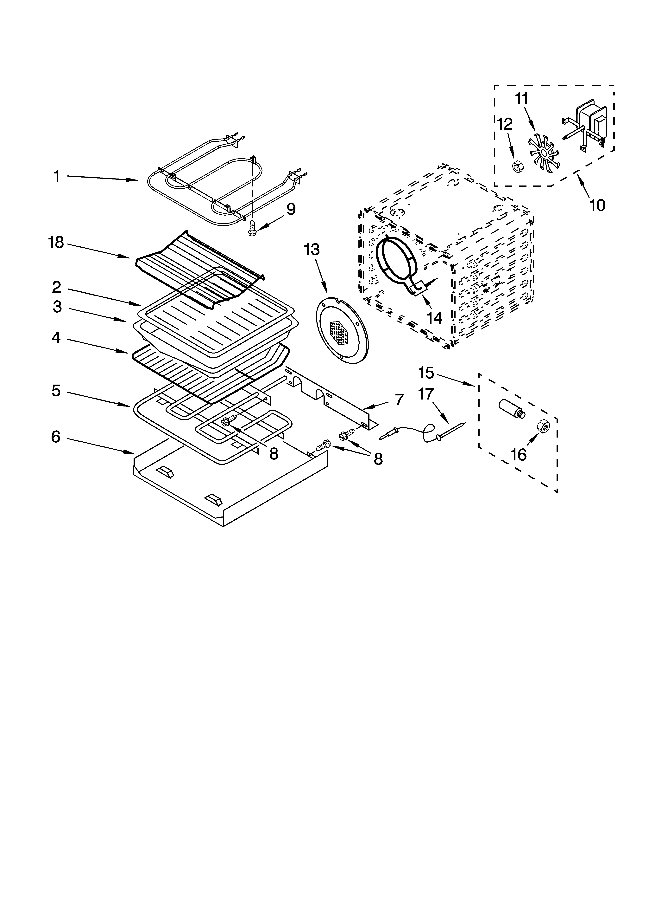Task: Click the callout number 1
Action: [57, 176]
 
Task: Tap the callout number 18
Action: [56, 243]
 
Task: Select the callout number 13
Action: [312, 250]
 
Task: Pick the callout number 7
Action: [399, 400]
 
